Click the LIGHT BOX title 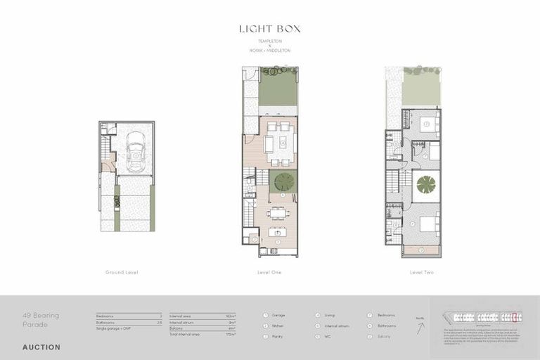[x=269, y=29]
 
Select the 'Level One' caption [x=270, y=272]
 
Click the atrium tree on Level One [x=284, y=182]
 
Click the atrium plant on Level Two [x=426, y=185]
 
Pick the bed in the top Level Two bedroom [x=426, y=124]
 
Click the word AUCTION [x=41, y=347]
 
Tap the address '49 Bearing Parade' [x=41, y=320]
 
